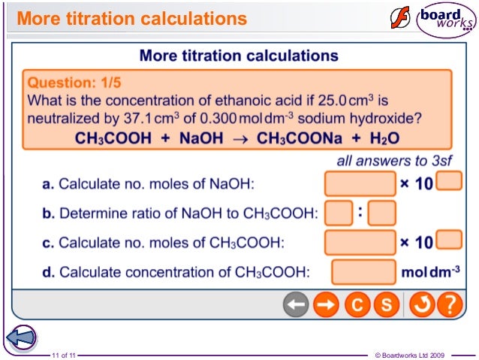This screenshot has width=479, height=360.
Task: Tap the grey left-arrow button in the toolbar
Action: (x=297, y=306)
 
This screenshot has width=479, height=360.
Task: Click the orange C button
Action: (x=357, y=306)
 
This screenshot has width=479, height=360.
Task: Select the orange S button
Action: (x=386, y=306)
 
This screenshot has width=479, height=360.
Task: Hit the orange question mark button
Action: (x=449, y=306)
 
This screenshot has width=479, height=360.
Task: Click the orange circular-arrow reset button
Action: (x=421, y=306)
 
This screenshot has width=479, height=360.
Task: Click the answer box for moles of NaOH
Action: (x=360, y=183)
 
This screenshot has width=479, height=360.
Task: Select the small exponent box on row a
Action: (x=448, y=180)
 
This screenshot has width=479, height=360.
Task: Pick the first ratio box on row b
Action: (x=339, y=213)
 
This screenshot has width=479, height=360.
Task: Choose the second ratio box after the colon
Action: (x=382, y=213)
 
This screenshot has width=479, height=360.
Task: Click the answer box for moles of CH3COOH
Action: (x=360, y=242)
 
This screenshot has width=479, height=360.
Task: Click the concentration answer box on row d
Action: (x=364, y=271)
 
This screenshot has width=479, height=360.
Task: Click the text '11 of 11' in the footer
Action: (x=63, y=354)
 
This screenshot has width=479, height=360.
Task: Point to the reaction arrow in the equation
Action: (x=239, y=138)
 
